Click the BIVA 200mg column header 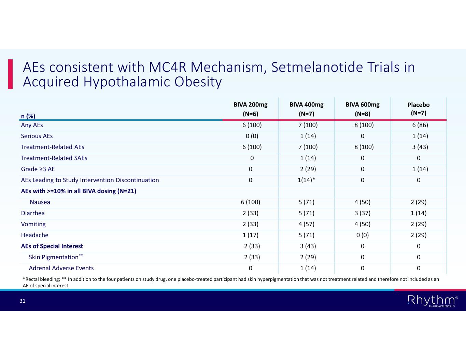(x=250, y=109)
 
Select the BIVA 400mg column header (x=306, y=109)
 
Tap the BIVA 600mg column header (x=362, y=109)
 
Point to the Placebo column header (x=418, y=109)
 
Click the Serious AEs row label (x=37, y=136)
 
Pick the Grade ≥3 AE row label (x=38, y=169)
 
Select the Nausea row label (x=40, y=202)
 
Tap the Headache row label (x=35, y=235)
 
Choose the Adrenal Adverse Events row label (x=61, y=268)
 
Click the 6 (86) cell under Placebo (x=420, y=125)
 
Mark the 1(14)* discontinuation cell (x=306, y=180)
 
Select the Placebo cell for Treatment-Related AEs (x=420, y=147)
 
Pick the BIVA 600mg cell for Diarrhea (x=362, y=213)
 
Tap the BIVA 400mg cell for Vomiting (x=306, y=224)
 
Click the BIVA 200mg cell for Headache (x=250, y=235)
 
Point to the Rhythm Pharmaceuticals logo (x=433, y=301)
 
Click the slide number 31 (x=23, y=301)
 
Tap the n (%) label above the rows (x=28, y=116)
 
